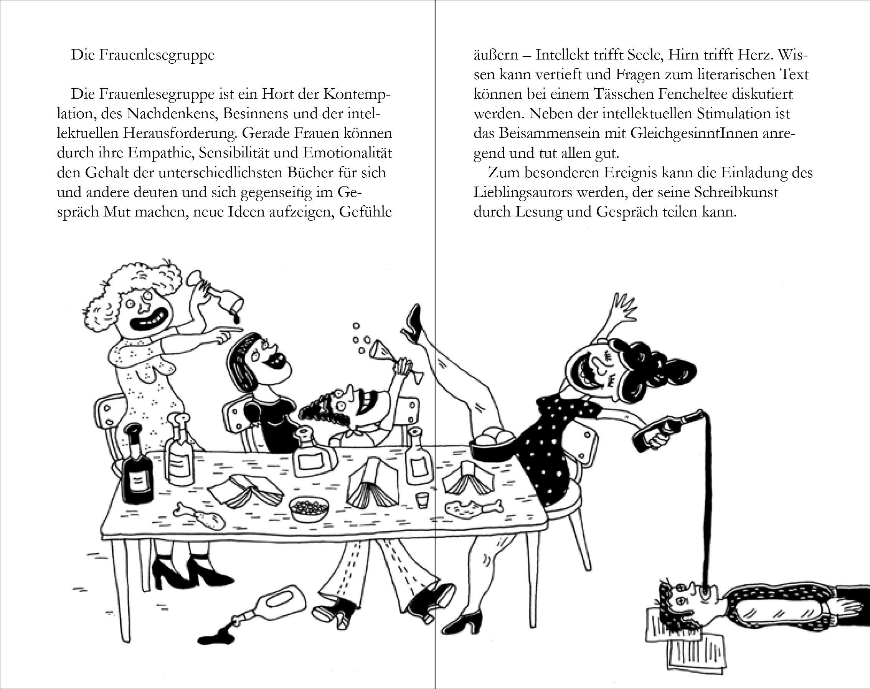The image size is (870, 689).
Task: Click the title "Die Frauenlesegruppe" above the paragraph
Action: pos(142,55)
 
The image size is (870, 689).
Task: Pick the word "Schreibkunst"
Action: pos(736,192)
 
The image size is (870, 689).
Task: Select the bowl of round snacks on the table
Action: pos(309,509)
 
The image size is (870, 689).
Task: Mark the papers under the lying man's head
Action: pos(686,637)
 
